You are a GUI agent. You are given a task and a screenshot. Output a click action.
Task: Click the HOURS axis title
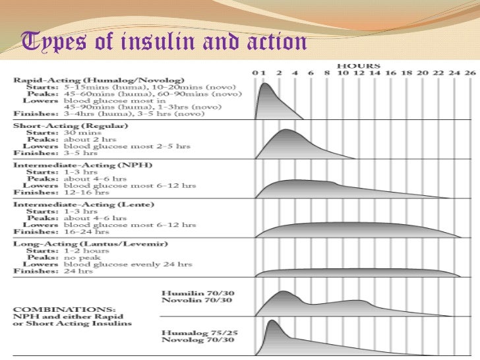coord(359,65)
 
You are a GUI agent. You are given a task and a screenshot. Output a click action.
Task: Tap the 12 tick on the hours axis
coord(359,73)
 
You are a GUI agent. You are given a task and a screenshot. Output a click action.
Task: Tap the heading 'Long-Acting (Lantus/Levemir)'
coord(82,243)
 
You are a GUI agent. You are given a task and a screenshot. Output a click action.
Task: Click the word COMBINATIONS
coord(53,308)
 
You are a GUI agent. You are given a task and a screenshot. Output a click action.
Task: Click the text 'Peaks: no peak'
coord(66,257)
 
